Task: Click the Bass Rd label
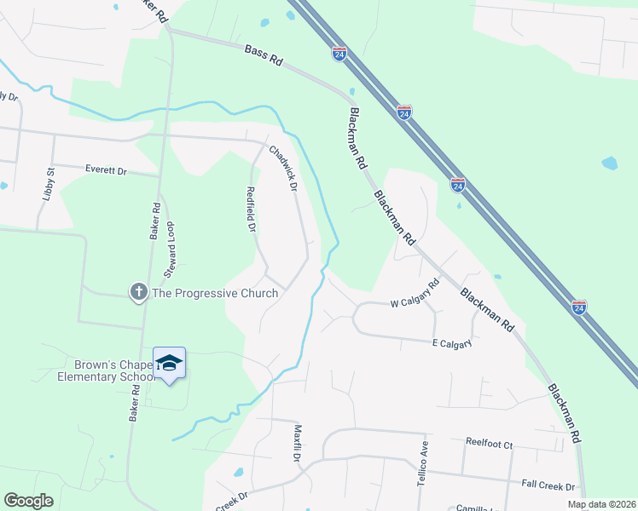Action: pos(263,56)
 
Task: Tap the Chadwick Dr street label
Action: pos(283,167)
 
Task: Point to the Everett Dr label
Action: pos(106,170)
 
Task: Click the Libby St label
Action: pos(49,183)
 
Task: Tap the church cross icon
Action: pos(138,293)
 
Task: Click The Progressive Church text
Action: pos(215,294)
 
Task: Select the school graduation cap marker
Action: pos(169,364)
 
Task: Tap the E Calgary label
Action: pos(452,342)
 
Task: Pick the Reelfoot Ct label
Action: pos(489,444)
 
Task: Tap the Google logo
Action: pos(28,501)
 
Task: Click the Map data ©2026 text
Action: pos(601,504)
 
